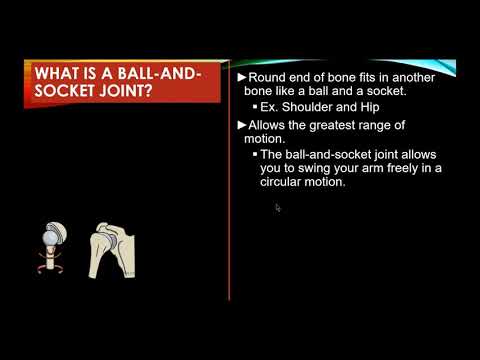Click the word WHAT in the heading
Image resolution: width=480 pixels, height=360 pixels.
coord(59,75)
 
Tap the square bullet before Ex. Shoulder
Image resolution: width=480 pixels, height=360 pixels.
coord(255,107)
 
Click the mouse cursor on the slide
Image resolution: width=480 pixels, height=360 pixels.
coord(278,208)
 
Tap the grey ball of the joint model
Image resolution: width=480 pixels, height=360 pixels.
coord(46,236)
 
